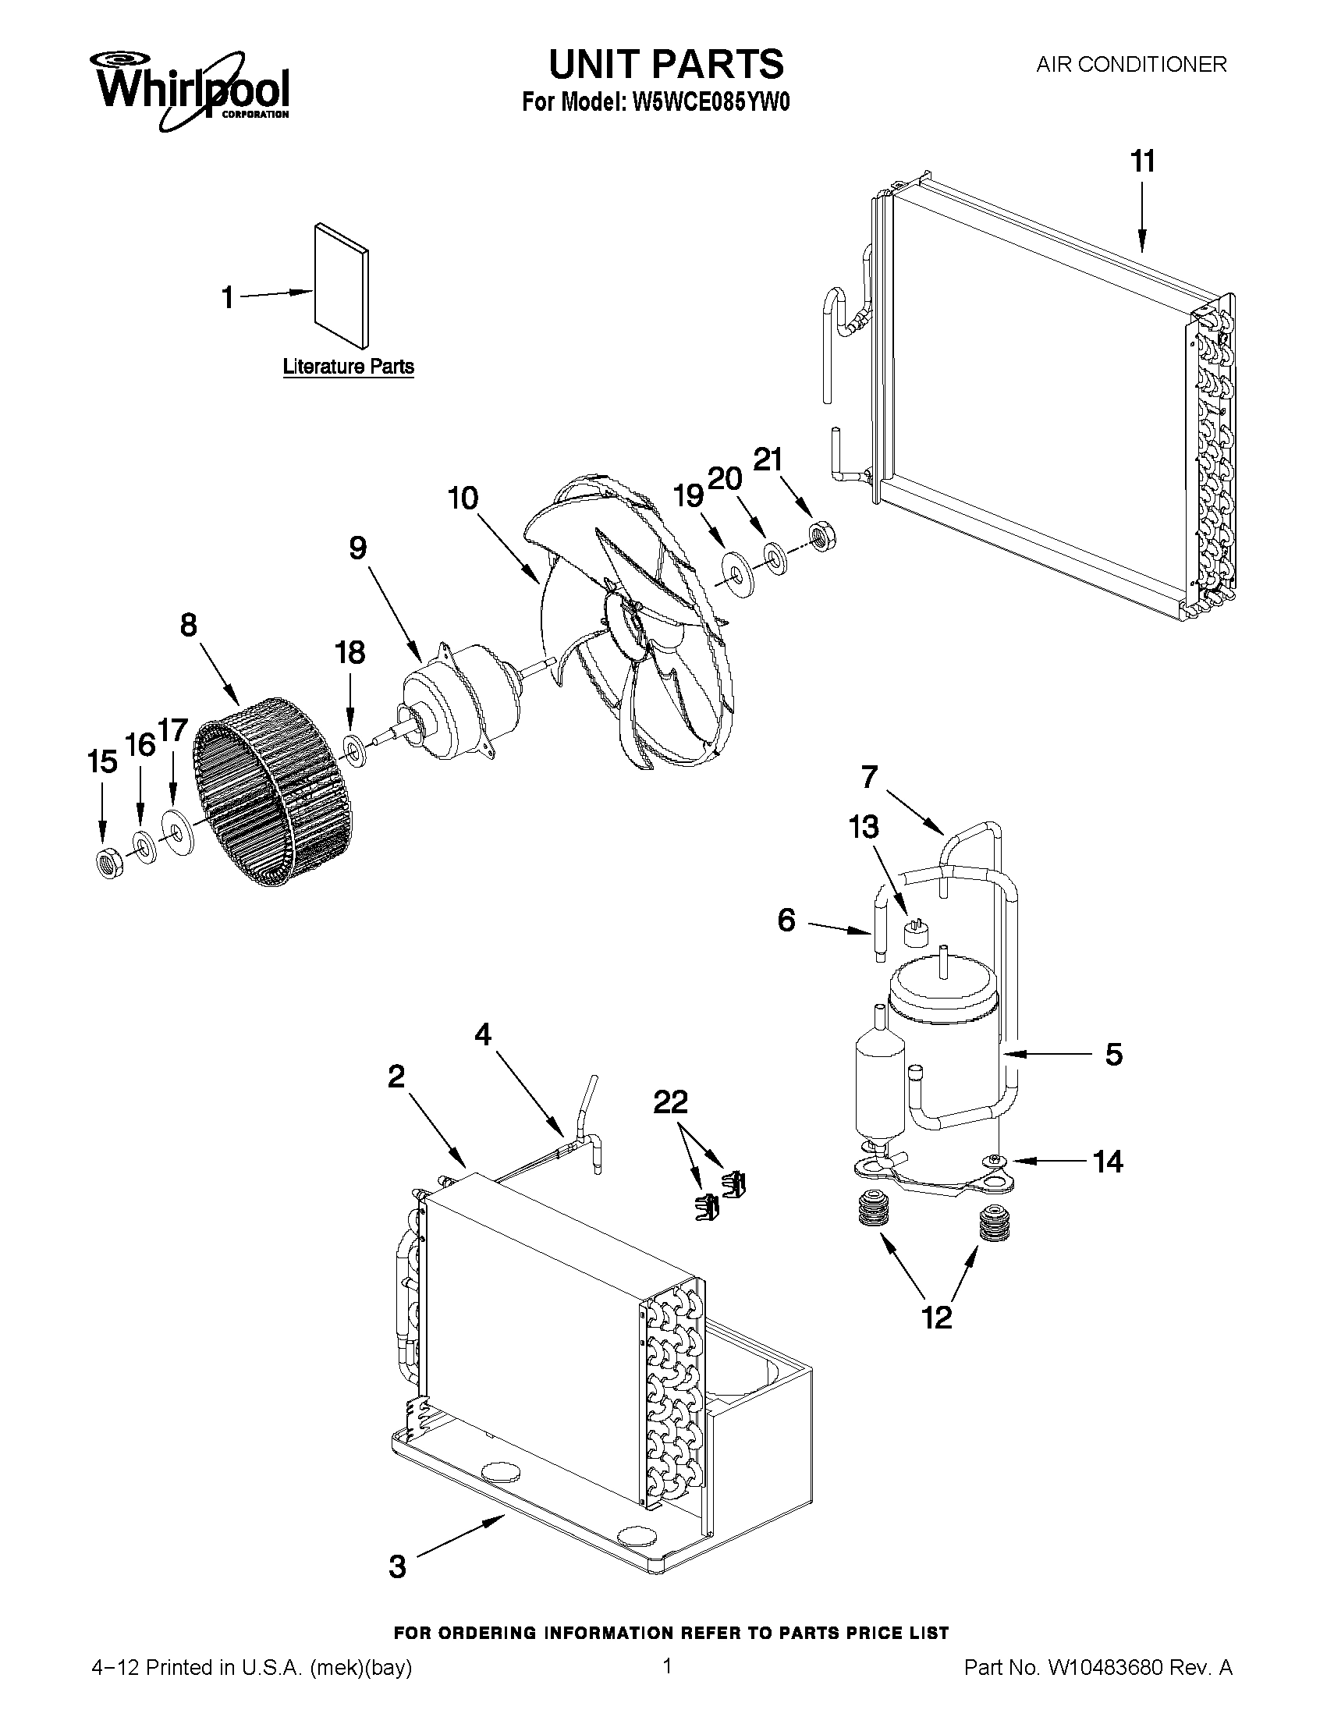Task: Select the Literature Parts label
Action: pos(348,367)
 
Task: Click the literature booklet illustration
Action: pos(341,285)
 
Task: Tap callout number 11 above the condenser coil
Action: pos(1142,162)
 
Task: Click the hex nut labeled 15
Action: pos(107,863)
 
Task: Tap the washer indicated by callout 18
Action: pos(354,749)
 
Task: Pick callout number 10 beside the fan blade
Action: pos(463,498)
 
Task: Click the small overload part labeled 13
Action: pos(914,932)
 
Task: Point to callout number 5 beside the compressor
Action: pos(1113,1054)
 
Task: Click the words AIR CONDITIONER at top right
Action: pos(1130,65)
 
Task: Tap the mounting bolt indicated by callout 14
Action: pos(995,1158)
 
